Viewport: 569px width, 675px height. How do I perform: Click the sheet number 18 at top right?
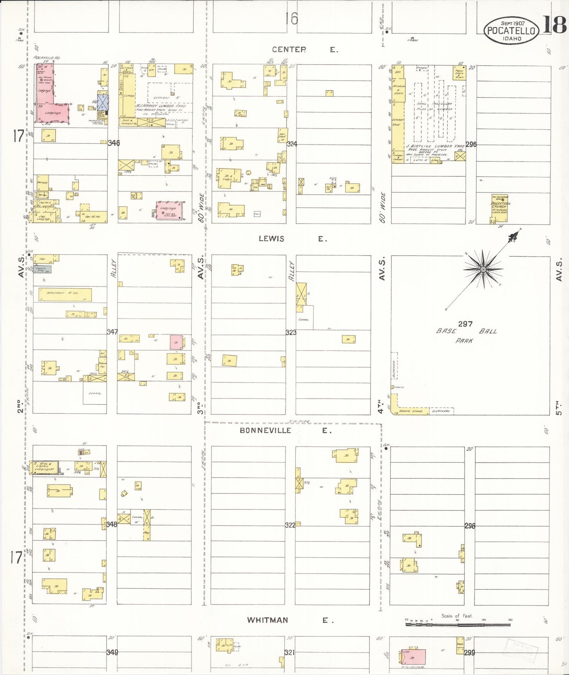tap(555, 25)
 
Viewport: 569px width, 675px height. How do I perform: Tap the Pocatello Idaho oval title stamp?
tap(511, 30)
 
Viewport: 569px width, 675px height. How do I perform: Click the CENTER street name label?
tap(289, 50)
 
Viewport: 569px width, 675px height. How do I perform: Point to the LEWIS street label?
tap(271, 239)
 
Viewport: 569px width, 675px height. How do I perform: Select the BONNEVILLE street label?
tap(265, 430)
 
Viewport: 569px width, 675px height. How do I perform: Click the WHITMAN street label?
tap(267, 620)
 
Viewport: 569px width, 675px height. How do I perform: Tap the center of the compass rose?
tap(484, 269)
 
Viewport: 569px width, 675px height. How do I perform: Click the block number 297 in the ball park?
tap(465, 324)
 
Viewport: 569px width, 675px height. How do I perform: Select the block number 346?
tap(114, 143)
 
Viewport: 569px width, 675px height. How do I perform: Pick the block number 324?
tap(292, 144)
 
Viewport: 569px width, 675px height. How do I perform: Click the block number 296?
tap(471, 145)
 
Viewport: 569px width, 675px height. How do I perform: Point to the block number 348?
tap(111, 524)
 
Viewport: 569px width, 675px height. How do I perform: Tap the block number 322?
tap(290, 525)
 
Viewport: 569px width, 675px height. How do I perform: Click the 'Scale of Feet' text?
tap(456, 616)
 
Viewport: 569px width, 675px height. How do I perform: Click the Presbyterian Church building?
tap(499, 208)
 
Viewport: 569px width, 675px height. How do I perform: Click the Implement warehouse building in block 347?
tap(65, 295)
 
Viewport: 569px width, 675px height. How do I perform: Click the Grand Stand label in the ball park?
tap(411, 411)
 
